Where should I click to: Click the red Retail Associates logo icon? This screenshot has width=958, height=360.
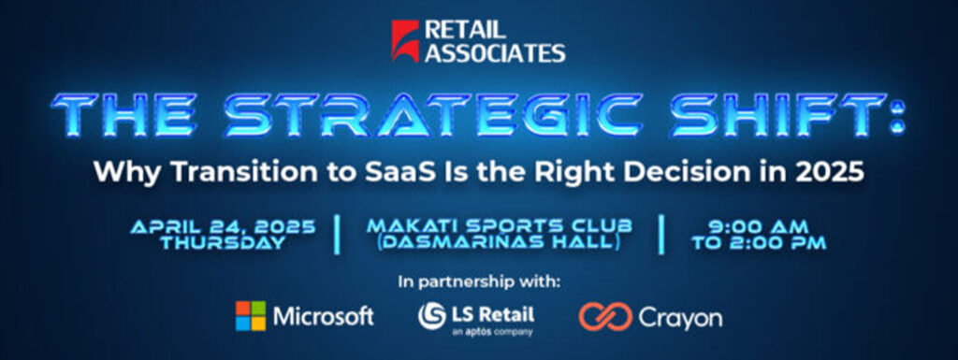[405, 41]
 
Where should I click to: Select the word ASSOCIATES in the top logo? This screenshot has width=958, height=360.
[495, 52]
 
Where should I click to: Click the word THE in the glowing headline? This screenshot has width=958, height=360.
[125, 115]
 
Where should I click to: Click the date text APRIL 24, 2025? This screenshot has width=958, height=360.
[223, 227]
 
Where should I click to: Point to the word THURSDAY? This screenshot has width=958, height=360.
[223, 243]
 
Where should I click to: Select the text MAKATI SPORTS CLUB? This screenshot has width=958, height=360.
[500, 227]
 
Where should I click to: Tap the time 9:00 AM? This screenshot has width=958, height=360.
[759, 227]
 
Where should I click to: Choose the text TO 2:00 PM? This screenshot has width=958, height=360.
[759, 243]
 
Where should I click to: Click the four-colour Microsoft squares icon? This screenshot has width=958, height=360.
[251, 316]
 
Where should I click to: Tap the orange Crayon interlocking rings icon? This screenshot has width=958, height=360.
[605, 317]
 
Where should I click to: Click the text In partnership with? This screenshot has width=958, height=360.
[479, 282]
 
